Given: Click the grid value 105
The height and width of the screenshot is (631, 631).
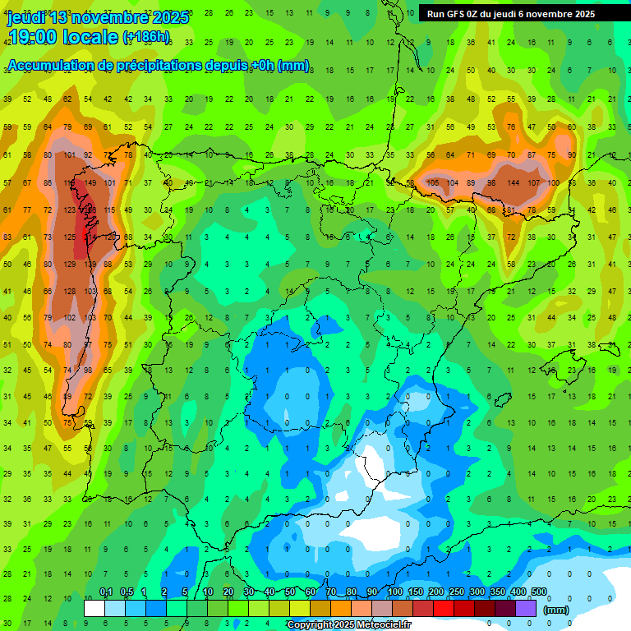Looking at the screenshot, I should click(x=431, y=182).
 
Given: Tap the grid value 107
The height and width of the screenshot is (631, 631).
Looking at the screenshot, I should click(x=534, y=182).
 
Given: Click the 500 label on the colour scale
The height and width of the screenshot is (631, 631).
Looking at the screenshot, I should click(x=538, y=592).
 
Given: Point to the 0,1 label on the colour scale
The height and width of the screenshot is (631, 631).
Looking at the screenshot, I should click(x=106, y=592).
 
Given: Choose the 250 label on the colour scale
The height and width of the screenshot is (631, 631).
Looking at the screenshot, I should click(x=456, y=592).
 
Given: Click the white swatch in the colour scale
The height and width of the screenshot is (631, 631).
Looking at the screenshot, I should click(x=94, y=608).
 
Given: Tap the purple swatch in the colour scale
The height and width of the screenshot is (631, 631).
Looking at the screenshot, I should click(x=526, y=608).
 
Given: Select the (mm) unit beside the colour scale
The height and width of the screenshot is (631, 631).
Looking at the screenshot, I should click(x=556, y=610).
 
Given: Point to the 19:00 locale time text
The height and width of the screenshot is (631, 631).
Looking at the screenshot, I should click(x=62, y=36).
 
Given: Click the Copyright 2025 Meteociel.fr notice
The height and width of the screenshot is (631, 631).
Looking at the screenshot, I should click(x=348, y=624).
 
